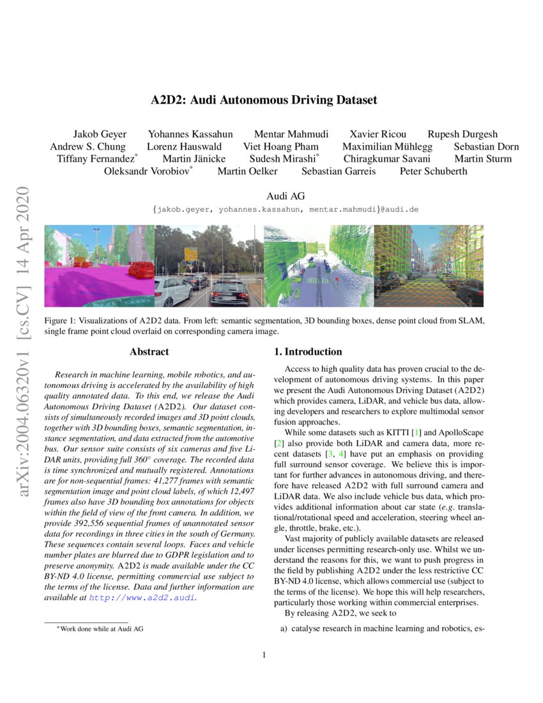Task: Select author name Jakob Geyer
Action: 100,134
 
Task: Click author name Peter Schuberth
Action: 433,171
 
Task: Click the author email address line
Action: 285,208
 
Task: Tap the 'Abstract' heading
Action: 149,351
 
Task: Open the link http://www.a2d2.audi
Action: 142,598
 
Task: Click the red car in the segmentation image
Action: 141,269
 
